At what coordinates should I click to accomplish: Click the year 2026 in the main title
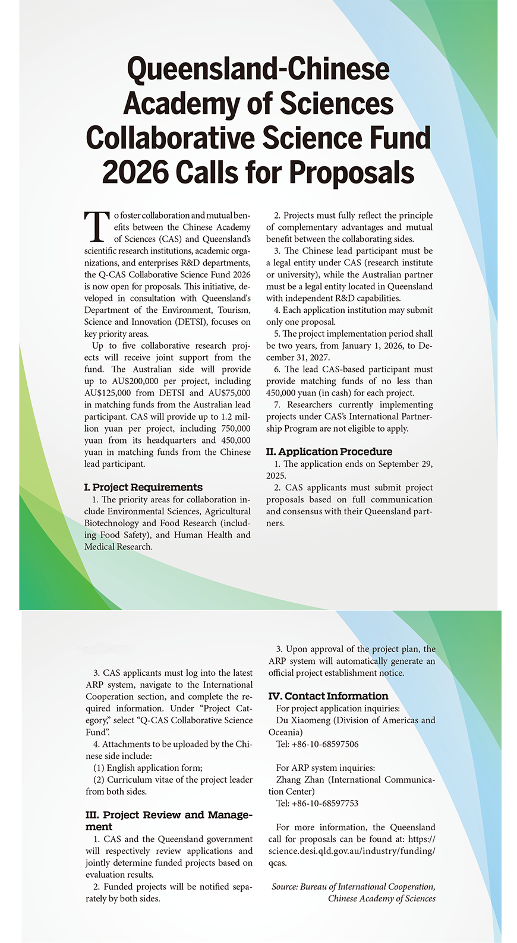click(x=135, y=172)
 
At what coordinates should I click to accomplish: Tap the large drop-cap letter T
click(x=97, y=226)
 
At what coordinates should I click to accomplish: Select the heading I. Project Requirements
click(x=143, y=487)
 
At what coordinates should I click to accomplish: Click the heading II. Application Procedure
click(x=329, y=451)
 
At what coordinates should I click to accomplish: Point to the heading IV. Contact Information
click(x=328, y=696)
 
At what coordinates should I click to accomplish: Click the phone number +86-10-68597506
click(x=325, y=744)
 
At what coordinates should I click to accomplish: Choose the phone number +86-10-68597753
click(x=325, y=803)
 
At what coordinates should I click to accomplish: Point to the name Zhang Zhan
click(x=300, y=780)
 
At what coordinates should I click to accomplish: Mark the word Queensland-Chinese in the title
click(x=258, y=69)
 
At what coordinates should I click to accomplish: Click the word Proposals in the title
click(x=352, y=172)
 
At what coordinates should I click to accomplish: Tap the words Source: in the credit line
click(x=284, y=887)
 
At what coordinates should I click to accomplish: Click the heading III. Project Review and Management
click(x=169, y=821)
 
